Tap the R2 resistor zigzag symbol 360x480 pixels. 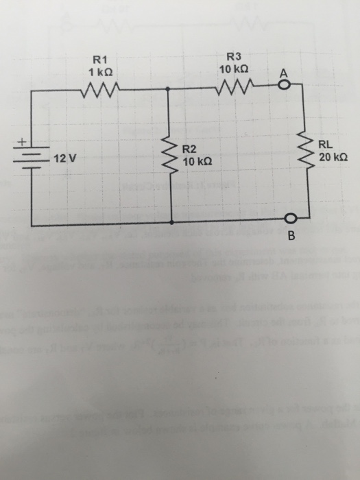[169, 155]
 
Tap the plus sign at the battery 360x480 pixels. [21, 143]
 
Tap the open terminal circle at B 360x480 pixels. [290, 219]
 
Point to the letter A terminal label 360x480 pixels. [283, 73]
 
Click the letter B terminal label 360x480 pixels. [291, 237]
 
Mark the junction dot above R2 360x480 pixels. [169, 88]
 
